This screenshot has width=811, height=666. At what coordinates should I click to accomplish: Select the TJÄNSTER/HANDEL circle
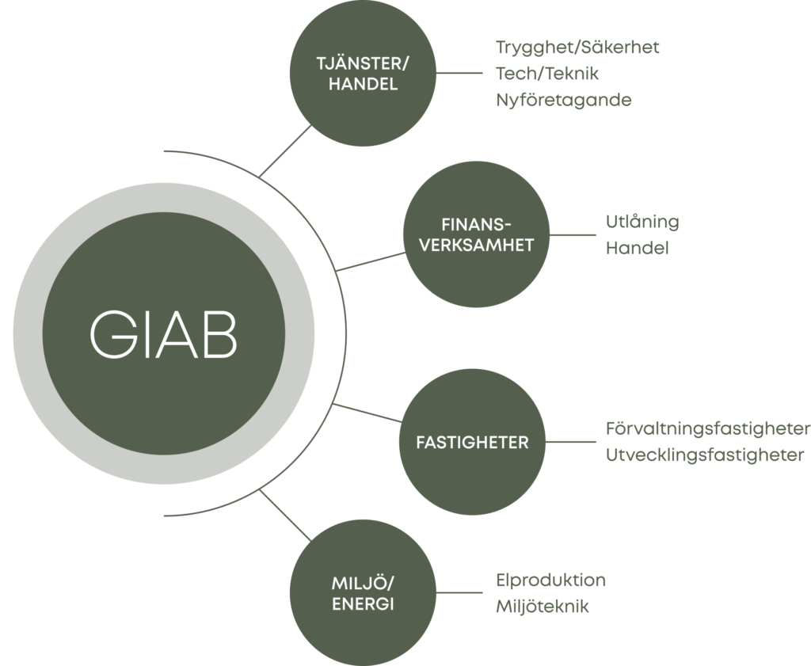[364, 74]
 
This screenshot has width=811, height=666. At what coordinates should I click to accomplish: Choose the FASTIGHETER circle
[472, 443]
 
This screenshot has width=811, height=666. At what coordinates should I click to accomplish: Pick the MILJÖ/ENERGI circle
[364, 594]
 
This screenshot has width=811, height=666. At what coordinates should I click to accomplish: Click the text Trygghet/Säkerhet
[577, 48]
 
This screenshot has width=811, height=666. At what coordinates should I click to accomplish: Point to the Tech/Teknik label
[547, 74]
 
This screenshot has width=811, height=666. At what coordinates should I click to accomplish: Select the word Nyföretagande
[563, 101]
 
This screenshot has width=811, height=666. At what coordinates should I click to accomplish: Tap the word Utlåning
[642, 223]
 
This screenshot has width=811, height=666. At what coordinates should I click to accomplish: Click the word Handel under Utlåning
[638, 248]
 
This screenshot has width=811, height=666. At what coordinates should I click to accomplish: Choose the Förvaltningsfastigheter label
[707, 429]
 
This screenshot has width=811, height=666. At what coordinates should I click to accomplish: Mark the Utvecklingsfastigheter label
[705, 455]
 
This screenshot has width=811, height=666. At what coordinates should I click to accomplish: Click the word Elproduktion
[550, 580]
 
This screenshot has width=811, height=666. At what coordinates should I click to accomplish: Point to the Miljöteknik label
[543, 607]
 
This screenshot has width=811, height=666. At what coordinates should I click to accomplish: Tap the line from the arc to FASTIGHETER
[367, 415]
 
